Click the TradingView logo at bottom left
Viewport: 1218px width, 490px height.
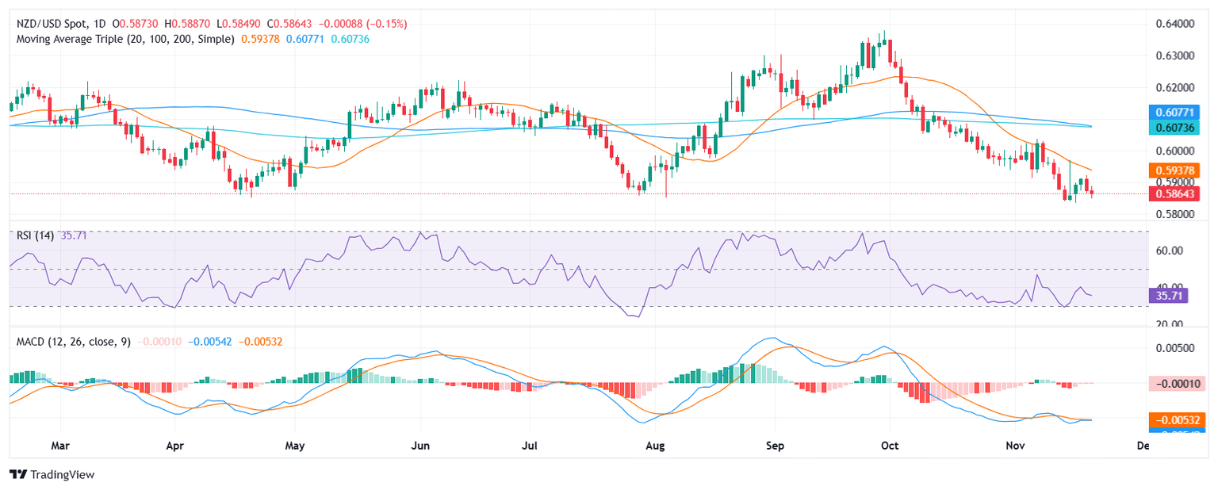click(x=52, y=474)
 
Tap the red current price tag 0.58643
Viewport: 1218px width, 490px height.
click(x=1176, y=193)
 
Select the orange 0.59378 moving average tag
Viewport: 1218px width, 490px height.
click(x=1176, y=170)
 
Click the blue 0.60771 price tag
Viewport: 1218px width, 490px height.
click(x=1176, y=113)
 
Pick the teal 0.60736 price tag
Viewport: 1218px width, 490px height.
click(x=1176, y=127)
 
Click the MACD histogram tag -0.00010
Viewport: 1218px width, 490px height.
click(x=1176, y=384)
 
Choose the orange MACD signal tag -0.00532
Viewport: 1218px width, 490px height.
click(x=1176, y=419)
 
